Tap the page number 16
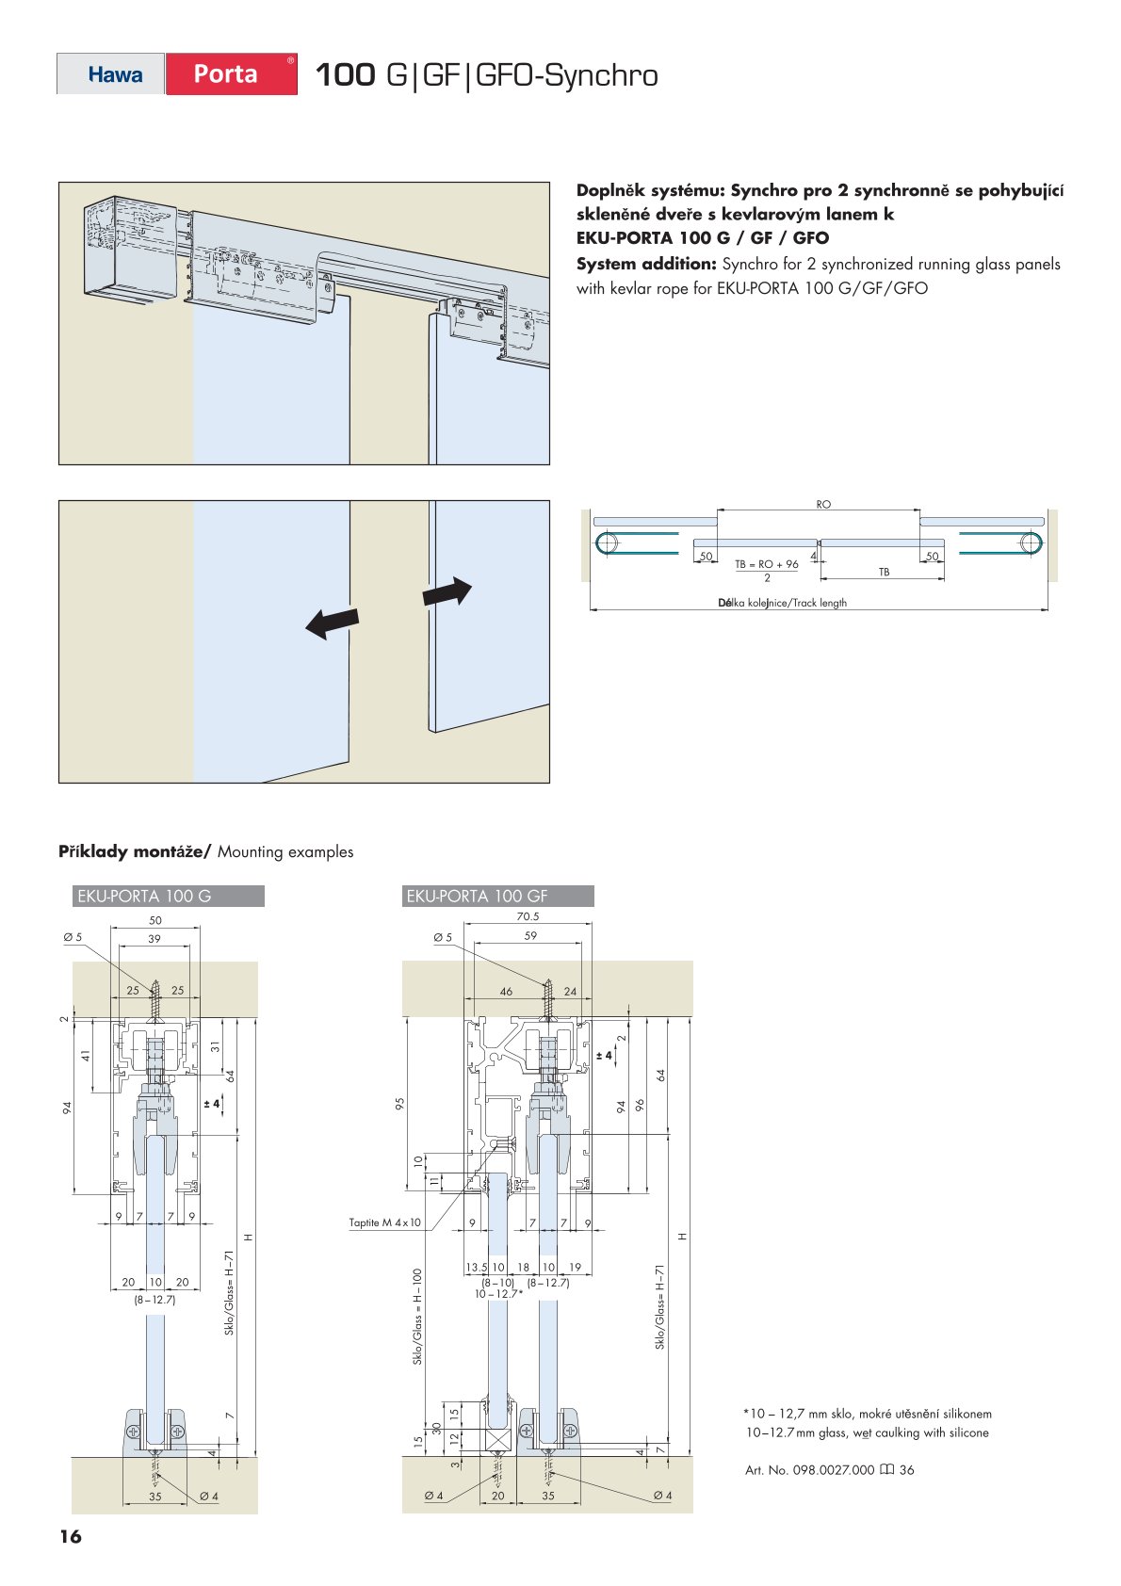[x=71, y=1536]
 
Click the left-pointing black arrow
[x=333, y=623]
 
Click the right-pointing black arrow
[x=447, y=591]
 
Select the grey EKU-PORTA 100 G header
[x=168, y=896]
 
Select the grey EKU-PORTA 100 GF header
[x=497, y=896]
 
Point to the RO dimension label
[x=823, y=505]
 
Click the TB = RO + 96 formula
[x=767, y=565]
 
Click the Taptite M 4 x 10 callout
[x=384, y=1222]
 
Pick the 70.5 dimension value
[x=528, y=916]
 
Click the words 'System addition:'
[x=646, y=264]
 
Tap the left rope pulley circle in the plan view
[x=607, y=542]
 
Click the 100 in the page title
[x=345, y=75]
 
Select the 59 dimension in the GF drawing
[x=530, y=936]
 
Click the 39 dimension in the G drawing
[x=154, y=939]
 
